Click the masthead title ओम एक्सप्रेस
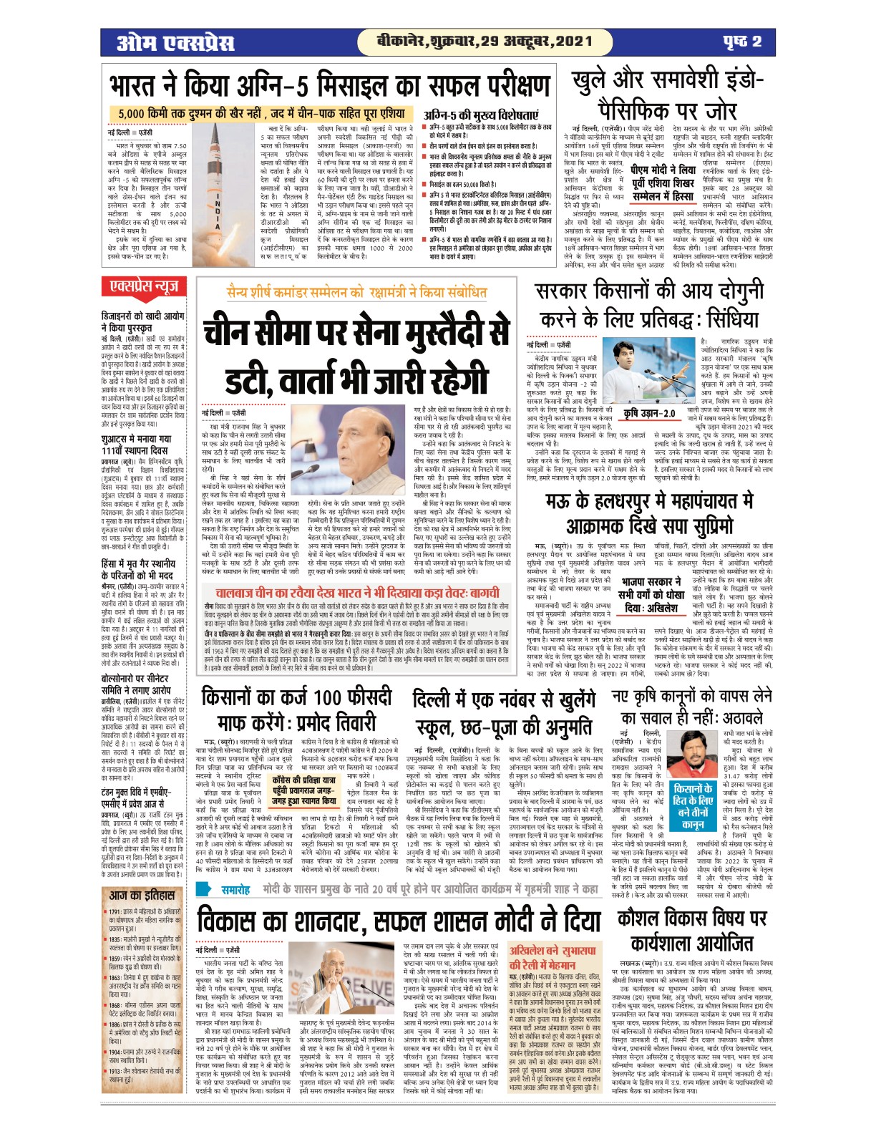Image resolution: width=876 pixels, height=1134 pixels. (176, 42)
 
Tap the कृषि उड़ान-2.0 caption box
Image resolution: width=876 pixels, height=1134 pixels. (648, 414)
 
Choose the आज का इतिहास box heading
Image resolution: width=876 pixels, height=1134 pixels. (142, 896)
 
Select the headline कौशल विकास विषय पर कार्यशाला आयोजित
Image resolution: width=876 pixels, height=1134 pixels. (691, 931)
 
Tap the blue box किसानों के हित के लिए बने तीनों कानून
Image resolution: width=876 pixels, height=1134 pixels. (693, 805)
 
